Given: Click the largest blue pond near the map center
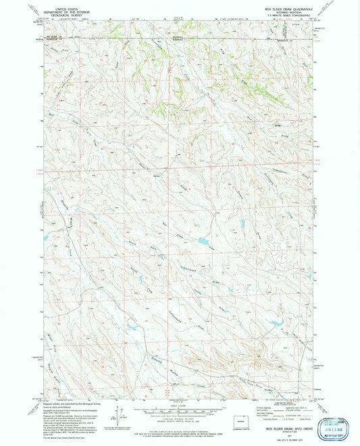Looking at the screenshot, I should click(203, 240).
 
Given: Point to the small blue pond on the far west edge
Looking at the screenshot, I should click(45, 238).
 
